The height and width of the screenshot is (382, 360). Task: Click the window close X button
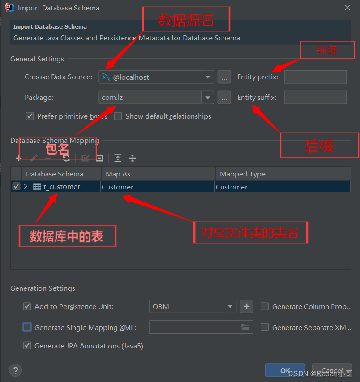click(347, 8)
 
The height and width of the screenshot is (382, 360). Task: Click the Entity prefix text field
click(315, 77)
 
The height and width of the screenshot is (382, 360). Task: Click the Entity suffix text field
click(315, 98)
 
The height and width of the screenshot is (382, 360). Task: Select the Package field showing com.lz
click(150, 98)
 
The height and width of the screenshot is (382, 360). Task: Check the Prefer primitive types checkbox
click(30, 116)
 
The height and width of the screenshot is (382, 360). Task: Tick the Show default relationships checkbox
click(118, 116)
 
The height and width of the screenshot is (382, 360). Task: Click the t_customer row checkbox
click(16, 187)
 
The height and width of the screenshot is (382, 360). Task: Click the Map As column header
click(158, 174)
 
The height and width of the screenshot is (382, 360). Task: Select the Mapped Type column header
click(282, 174)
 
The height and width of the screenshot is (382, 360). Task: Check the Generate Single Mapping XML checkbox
click(27, 327)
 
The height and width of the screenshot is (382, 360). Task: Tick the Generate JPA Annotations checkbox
click(27, 346)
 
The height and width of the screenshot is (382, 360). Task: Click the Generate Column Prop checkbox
click(265, 307)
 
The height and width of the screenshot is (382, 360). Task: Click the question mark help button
click(16, 370)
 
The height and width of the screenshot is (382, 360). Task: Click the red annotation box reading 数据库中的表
click(67, 236)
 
